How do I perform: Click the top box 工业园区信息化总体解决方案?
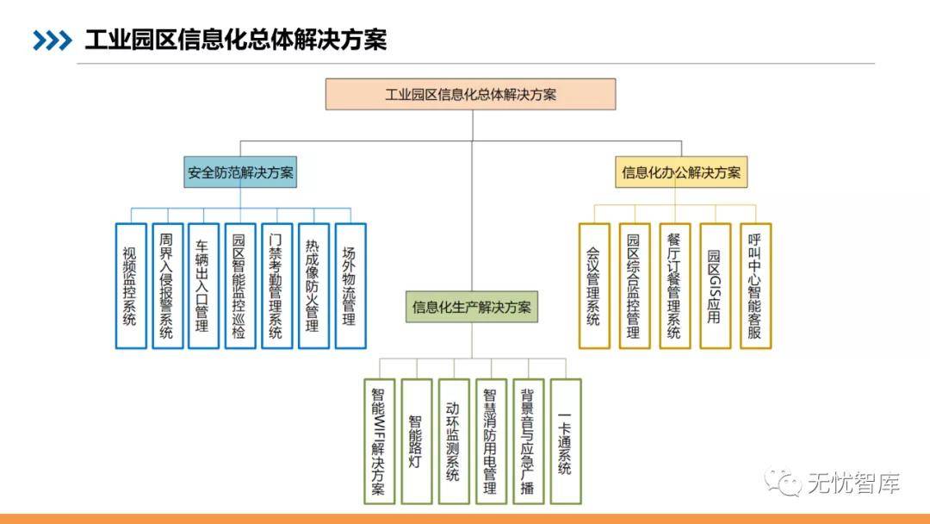pos(470,94)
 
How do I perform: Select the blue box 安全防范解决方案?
pos(240,172)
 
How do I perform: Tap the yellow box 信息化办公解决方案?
pos(681,172)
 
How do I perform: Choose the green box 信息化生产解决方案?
pos(472,307)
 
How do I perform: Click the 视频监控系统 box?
pos(130,286)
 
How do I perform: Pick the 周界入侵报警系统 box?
pos(167,286)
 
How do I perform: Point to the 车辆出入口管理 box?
pos(203,286)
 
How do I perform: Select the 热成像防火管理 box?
pos(313,286)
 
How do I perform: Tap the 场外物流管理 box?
pos(350,286)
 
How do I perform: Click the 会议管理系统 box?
pos(594,286)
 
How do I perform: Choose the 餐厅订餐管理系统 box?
pos(675,286)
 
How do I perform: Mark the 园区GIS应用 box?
pos(715,286)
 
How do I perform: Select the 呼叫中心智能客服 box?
pos(755,286)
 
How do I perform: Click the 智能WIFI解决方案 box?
pos(379,441)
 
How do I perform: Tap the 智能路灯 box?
pos(416,441)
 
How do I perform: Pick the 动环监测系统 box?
pos(453,441)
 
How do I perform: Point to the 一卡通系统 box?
pos(565,441)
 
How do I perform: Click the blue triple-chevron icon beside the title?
pos(52,40)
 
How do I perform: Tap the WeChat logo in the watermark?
pos(784,483)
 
